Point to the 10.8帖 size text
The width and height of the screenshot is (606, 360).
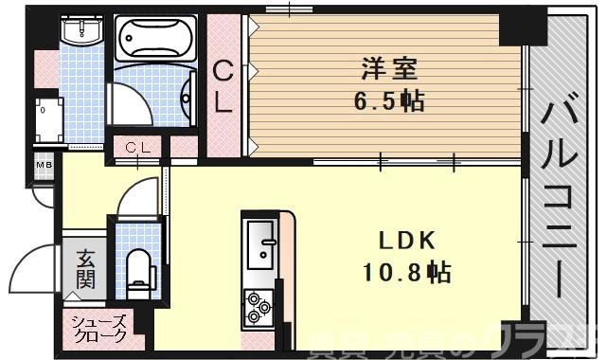point(405,273)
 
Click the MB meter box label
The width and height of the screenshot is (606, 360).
point(44,167)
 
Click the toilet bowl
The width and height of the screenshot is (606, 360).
point(138,267)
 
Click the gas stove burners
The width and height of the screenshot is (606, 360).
point(258,305)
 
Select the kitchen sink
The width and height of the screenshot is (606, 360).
point(261,245)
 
